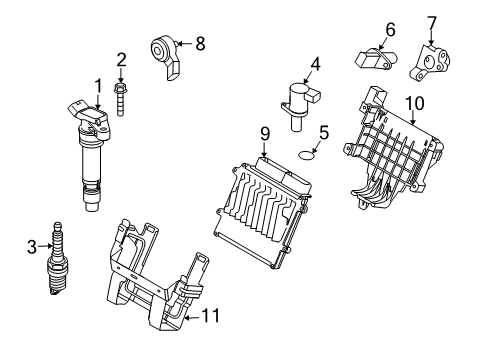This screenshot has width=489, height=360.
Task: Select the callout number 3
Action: click(30, 244)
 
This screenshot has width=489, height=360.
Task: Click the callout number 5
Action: click(323, 131)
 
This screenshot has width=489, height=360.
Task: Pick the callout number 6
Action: click(390, 29)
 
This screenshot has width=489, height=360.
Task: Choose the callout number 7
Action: click(432, 21)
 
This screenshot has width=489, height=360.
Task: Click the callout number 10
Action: click(414, 102)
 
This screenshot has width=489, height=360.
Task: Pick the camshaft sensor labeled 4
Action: click(298, 105)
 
